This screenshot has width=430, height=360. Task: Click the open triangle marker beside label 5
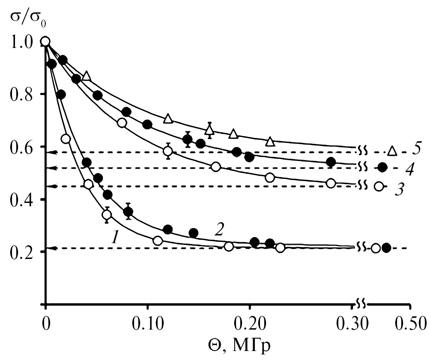pos(392,151)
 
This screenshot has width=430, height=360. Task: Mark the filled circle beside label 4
pos(382,167)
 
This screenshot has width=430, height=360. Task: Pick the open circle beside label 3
pos(379,186)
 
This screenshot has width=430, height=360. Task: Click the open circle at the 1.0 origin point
pos(45,41)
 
